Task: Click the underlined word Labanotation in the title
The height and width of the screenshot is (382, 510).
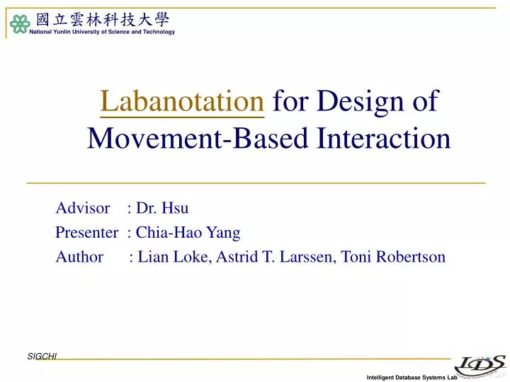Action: coord(182,103)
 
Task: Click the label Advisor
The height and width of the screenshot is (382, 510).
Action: coord(83,208)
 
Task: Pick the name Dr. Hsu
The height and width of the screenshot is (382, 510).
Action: coord(162,208)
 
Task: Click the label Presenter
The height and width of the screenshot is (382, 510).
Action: coord(86,232)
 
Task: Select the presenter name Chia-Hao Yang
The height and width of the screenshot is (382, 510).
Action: coord(188,232)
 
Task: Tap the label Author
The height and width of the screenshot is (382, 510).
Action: coord(79,257)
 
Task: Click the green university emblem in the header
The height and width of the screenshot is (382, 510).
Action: coord(18,25)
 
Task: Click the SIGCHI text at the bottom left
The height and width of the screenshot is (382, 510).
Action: coord(42,357)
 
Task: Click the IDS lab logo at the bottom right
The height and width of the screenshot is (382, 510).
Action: coord(479,363)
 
